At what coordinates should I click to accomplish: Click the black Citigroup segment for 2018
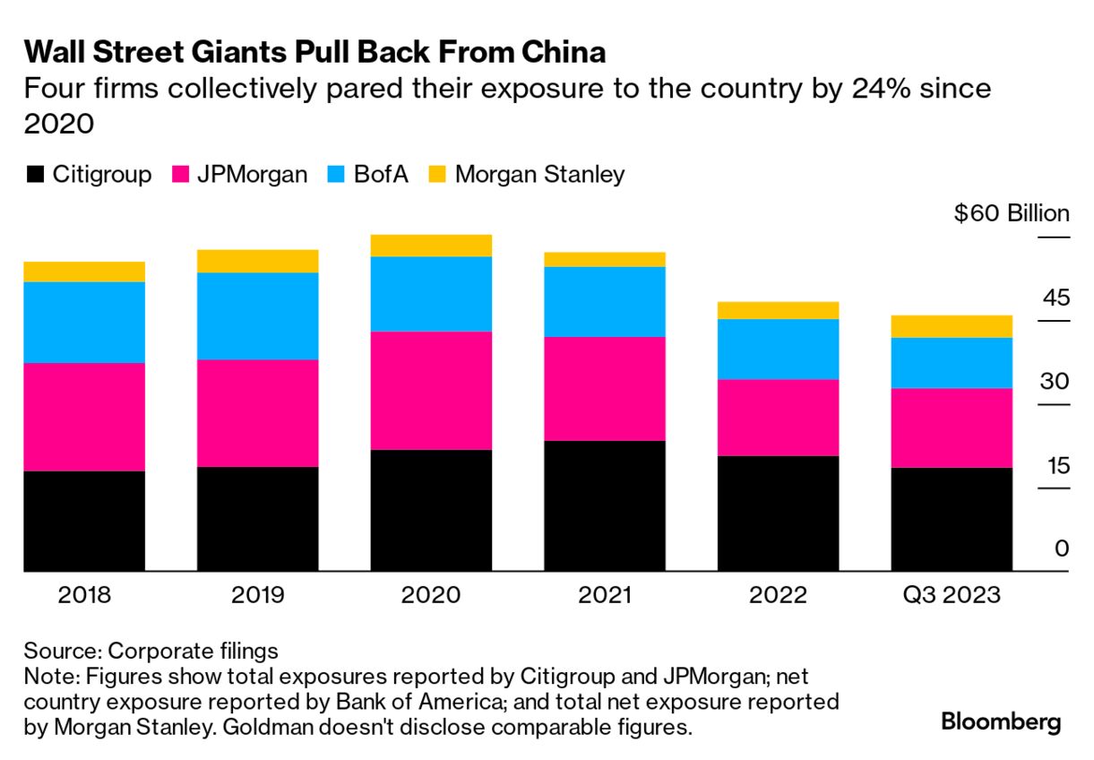pyautogui.click(x=84, y=521)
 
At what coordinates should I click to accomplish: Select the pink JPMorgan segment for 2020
pyautogui.click(x=431, y=390)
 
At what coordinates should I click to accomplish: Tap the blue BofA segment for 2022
pyautogui.click(x=778, y=349)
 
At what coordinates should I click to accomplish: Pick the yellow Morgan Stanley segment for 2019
pyautogui.click(x=257, y=261)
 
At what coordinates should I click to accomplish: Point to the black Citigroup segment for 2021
pyautogui.click(x=605, y=505)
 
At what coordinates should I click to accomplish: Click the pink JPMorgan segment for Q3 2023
pyautogui.click(x=952, y=427)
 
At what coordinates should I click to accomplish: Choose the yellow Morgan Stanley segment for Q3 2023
pyautogui.click(x=952, y=326)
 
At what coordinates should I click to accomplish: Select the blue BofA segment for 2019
pyautogui.click(x=257, y=315)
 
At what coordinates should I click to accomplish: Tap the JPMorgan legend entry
pyautogui.click(x=238, y=174)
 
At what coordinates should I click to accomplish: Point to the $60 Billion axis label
pyautogui.click(x=1012, y=214)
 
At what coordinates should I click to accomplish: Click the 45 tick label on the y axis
pyautogui.click(x=1055, y=298)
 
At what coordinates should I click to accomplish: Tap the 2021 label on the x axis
pyautogui.click(x=605, y=595)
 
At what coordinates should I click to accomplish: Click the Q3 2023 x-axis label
pyautogui.click(x=952, y=595)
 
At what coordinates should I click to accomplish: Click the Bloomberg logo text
pyautogui.click(x=1001, y=722)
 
